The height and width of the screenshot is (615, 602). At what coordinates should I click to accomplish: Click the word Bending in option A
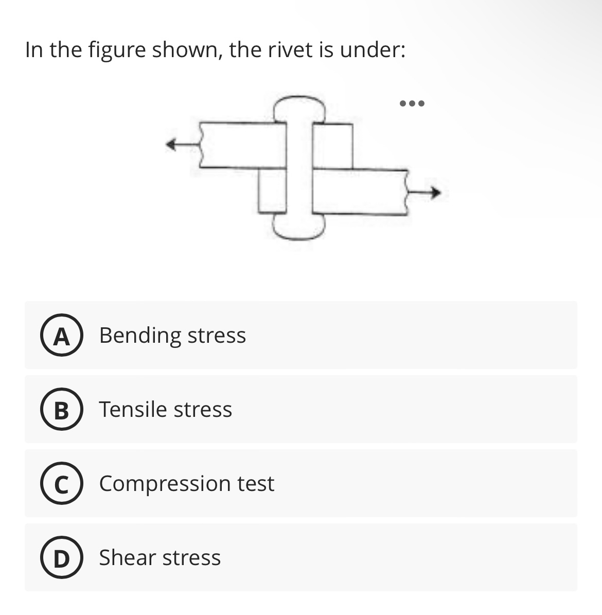pos(140,336)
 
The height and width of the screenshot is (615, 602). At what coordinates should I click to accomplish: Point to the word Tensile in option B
pos(133,410)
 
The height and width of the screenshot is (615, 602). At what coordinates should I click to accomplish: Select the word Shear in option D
pos(127,557)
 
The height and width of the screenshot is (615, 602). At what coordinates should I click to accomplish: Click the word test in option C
pos(256,484)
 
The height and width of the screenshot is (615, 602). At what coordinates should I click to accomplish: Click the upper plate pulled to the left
pos(242,145)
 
